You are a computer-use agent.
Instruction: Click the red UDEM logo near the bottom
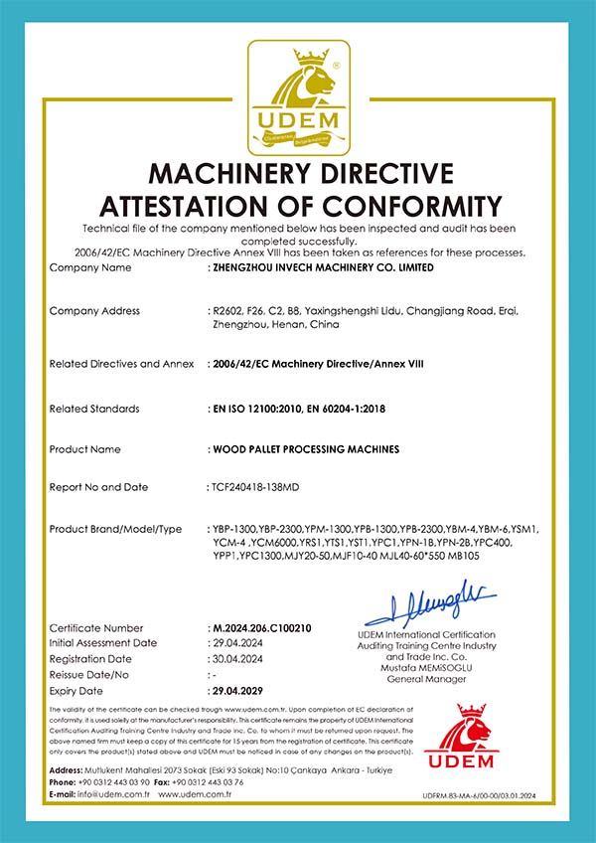(x=458, y=740)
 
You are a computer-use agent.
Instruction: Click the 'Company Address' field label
(x=94, y=311)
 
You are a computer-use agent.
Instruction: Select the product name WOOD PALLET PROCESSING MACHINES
(x=306, y=449)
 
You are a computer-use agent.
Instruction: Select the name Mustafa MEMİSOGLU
(x=426, y=667)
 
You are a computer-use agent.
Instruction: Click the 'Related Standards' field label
(x=94, y=409)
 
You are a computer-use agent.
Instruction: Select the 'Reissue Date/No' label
(x=90, y=674)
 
